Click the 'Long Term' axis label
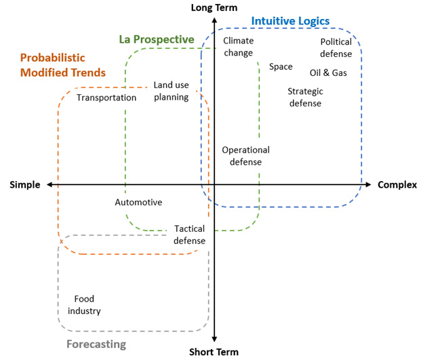point(215,7)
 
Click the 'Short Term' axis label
point(215,352)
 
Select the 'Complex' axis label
point(397,184)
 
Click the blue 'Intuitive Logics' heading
point(290,21)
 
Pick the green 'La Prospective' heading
point(157,40)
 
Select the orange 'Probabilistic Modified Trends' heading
point(63,65)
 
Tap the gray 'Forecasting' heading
point(96,344)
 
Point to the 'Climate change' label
point(238,47)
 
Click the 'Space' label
point(281,66)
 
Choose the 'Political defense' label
point(336,47)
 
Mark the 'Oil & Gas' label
point(328,73)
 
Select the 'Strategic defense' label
point(305,97)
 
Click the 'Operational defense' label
point(245,156)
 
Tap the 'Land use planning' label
point(171,91)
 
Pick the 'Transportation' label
point(106,98)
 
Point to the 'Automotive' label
point(138,202)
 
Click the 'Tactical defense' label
point(189,235)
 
